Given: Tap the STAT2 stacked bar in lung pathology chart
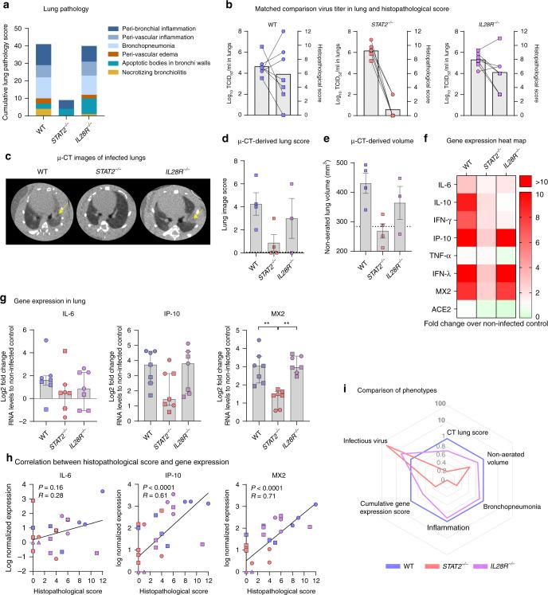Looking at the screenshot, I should click(x=68, y=103).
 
